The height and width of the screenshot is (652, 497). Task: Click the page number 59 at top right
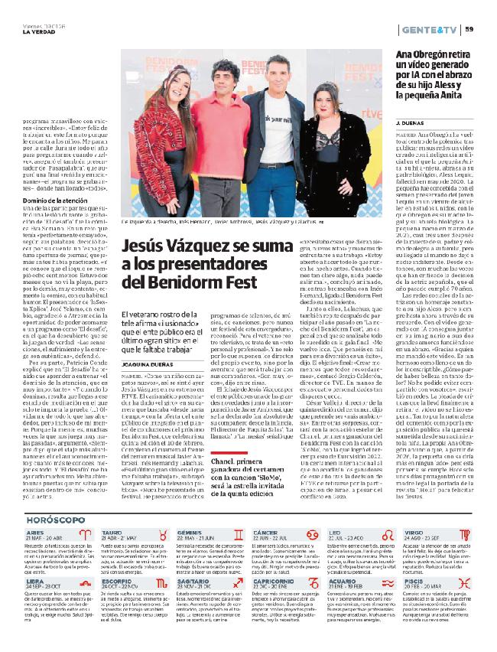470,29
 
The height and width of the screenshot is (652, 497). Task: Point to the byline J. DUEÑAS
409,122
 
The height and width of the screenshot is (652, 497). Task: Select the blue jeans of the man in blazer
269,191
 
